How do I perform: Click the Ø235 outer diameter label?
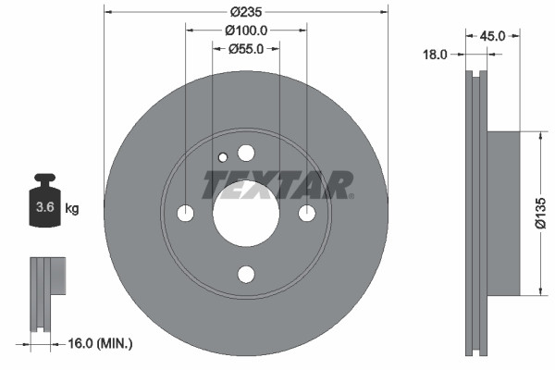(x=245, y=12)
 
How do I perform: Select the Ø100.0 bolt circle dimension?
(x=245, y=31)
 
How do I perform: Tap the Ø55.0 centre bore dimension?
(x=246, y=49)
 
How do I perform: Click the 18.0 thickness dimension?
(x=435, y=55)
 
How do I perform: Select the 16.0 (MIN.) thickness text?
(x=101, y=343)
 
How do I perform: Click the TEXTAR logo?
(x=277, y=184)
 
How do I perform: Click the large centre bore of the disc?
(x=245, y=213)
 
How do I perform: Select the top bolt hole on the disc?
(x=245, y=153)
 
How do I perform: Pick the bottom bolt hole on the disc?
(x=245, y=274)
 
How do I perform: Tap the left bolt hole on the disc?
(x=185, y=213)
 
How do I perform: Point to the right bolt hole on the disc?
(x=306, y=213)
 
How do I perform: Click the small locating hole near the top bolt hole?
(x=222, y=157)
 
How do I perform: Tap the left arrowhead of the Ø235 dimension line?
(x=107, y=12)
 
